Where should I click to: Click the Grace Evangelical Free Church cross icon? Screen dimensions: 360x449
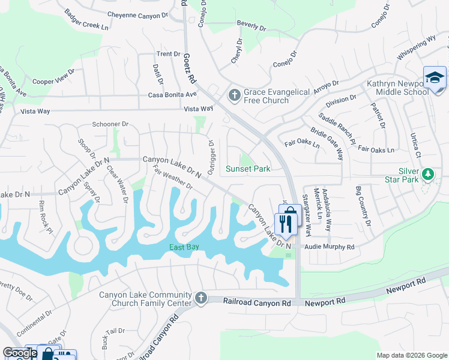click(234, 94)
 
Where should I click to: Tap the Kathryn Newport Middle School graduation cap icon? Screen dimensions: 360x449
click(435, 77)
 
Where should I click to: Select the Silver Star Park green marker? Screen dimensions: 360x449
click(427, 175)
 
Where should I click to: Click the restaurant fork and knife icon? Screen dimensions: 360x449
click(286, 224)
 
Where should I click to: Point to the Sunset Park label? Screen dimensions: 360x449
click(248, 169)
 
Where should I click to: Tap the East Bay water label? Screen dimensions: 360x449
click(184, 247)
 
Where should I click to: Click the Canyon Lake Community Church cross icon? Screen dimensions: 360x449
click(201, 298)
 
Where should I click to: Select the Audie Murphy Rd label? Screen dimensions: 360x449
click(330, 247)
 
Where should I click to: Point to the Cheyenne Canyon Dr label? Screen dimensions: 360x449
click(137, 14)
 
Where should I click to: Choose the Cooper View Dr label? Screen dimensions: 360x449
click(53, 77)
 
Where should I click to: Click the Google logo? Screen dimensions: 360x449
click(20, 353)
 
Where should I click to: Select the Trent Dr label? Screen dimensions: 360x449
click(168, 54)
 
